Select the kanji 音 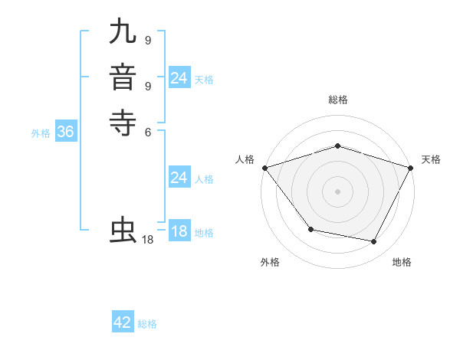[123, 77]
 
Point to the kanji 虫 [123, 231]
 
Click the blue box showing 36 [65, 132]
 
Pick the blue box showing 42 [123, 322]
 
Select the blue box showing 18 [179, 231]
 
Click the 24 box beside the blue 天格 [179, 78]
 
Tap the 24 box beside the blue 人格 [179, 178]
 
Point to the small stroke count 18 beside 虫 [148, 240]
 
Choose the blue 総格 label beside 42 [147, 324]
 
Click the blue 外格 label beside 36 [41, 133]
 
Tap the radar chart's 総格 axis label [337, 100]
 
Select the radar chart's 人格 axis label [245, 159]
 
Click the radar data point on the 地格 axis [374, 242]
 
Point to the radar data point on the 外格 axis [310, 228]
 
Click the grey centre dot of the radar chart [337, 191]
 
